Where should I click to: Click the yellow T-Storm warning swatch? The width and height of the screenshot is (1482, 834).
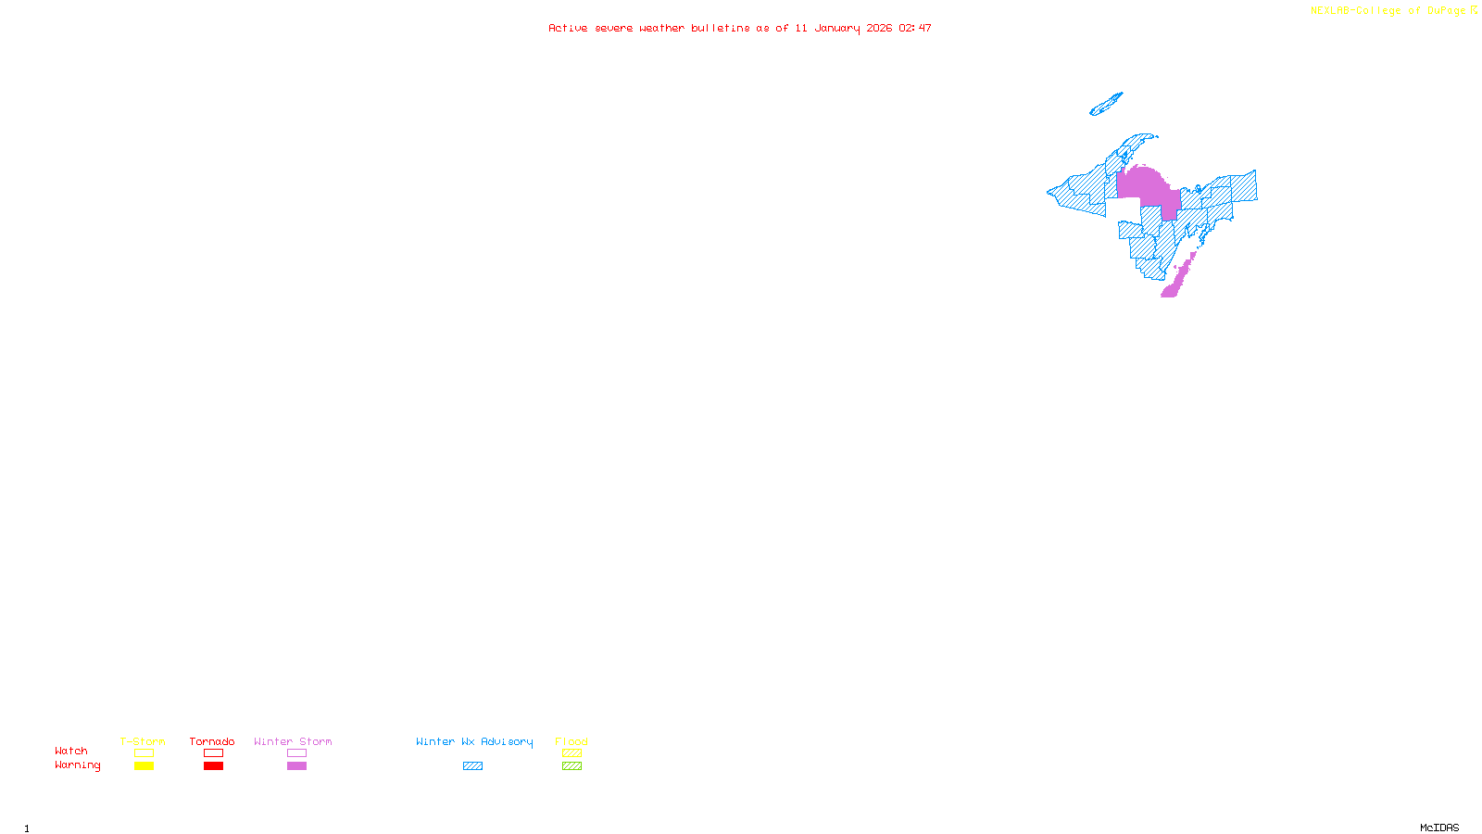pyautogui.click(x=144, y=766)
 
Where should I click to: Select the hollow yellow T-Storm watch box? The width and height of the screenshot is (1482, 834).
pyautogui.click(x=144, y=753)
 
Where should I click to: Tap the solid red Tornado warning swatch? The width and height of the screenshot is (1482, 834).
pyautogui.click(x=213, y=766)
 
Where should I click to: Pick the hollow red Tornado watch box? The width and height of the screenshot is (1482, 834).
pyautogui.click(x=213, y=753)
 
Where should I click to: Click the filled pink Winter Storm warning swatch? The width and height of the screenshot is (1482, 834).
pyautogui.click(x=296, y=766)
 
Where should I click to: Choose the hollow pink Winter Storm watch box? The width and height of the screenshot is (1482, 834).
pyautogui.click(x=296, y=753)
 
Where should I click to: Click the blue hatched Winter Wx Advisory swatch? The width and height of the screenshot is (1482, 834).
pyautogui.click(x=472, y=766)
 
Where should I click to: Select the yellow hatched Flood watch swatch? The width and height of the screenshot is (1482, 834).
pyautogui.click(x=571, y=753)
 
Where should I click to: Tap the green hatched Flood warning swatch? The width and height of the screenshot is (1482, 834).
pyautogui.click(x=571, y=766)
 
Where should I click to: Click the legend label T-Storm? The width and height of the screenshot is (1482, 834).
pyautogui.click(x=143, y=741)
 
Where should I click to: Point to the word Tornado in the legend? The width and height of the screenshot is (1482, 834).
pyautogui.click(x=212, y=741)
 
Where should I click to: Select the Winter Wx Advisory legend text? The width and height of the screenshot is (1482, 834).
pyautogui.click(x=474, y=741)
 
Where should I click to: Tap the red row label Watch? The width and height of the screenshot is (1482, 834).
pyautogui.click(x=71, y=752)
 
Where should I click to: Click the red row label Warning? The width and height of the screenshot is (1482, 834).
pyautogui.click(x=78, y=765)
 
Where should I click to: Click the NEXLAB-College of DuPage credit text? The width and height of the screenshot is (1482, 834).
pyautogui.click(x=1388, y=11)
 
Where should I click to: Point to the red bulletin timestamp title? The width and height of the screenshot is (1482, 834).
pyautogui.click(x=740, y=29)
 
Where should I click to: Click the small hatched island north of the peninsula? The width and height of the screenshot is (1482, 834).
pyautogui.click(x=1106, y=104)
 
